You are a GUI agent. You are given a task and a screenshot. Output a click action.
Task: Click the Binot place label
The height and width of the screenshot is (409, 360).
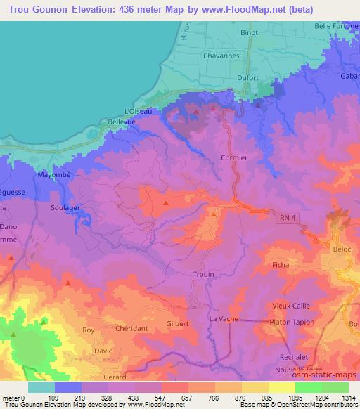pyautogui.click(x=249, y=32)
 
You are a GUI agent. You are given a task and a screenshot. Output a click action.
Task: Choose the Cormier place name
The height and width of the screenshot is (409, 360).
pyautogui.click(x=234, y=158)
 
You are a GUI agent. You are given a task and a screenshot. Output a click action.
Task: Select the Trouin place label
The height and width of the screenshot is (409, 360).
pyautogui.click(x=203, y=274)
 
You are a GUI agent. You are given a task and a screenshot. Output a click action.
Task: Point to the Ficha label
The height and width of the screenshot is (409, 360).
pyautogui.click(x=281, y=265)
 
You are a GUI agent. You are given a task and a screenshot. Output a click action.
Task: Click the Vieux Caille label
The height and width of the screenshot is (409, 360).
pyautogui.click(x=290, y=306)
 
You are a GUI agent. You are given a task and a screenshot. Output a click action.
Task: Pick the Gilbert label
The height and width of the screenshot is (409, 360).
pyautogui.click(x=178, y=323)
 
